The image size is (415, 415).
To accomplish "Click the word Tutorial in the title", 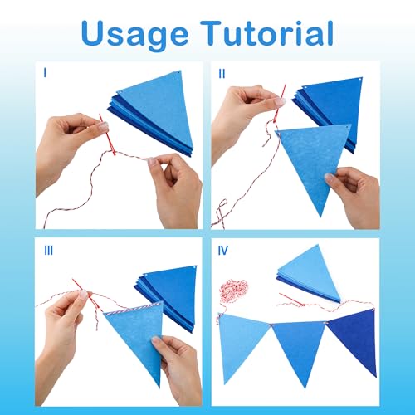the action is (267, 33).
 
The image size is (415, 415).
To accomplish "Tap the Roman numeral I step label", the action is (45, 73).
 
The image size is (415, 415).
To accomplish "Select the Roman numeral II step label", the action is (222, 74).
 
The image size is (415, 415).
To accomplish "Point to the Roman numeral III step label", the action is (49, 251).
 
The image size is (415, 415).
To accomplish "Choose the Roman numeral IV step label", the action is (223, 251).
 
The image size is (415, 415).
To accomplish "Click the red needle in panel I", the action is (107, 134).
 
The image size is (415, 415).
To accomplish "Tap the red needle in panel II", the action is (280, 103).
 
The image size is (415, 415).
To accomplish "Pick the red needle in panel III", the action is (84, 290).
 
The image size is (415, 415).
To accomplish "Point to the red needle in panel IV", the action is (291, 300).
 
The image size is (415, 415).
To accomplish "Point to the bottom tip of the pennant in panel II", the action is (321, 217).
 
